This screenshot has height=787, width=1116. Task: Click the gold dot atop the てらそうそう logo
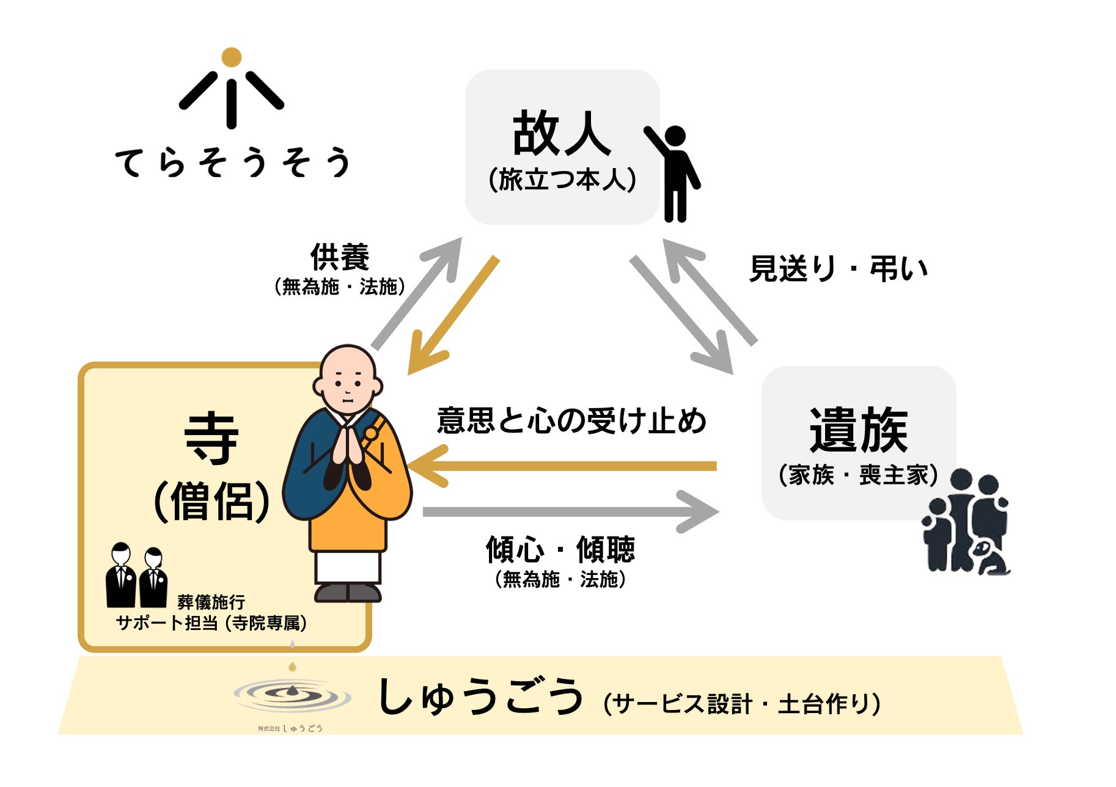[231, 57]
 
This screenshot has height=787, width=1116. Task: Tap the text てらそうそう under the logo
[232, 163]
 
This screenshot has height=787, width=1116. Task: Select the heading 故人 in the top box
[561, 133]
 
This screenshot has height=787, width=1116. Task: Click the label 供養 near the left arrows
[340, 257]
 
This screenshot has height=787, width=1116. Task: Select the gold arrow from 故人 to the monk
[453, 315]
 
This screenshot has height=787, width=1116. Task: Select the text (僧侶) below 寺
[211, 501]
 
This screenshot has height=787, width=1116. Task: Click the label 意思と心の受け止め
[571, 420]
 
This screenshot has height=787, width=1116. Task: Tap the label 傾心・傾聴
[560, 549]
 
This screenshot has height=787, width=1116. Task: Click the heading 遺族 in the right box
[858, 430]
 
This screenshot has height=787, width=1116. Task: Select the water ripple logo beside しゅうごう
[292, 695]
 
